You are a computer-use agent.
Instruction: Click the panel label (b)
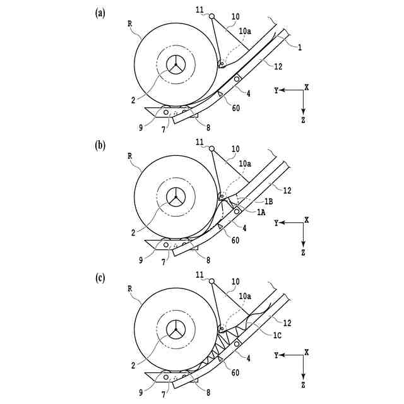pos(99,145)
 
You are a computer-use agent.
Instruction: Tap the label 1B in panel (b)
pos(268,201)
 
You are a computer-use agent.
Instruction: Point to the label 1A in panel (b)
pos(261,213)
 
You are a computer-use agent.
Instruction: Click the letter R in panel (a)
pos(129,23)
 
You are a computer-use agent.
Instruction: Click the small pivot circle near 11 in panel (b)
pos(211,148)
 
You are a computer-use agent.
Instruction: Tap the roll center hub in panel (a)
pos(175,65)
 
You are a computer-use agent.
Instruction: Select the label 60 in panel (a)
pos(235,108)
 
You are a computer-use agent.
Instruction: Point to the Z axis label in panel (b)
pos(304,252)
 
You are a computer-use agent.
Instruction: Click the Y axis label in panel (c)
pos(276,356)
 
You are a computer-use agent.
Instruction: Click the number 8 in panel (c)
pos(208,391)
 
